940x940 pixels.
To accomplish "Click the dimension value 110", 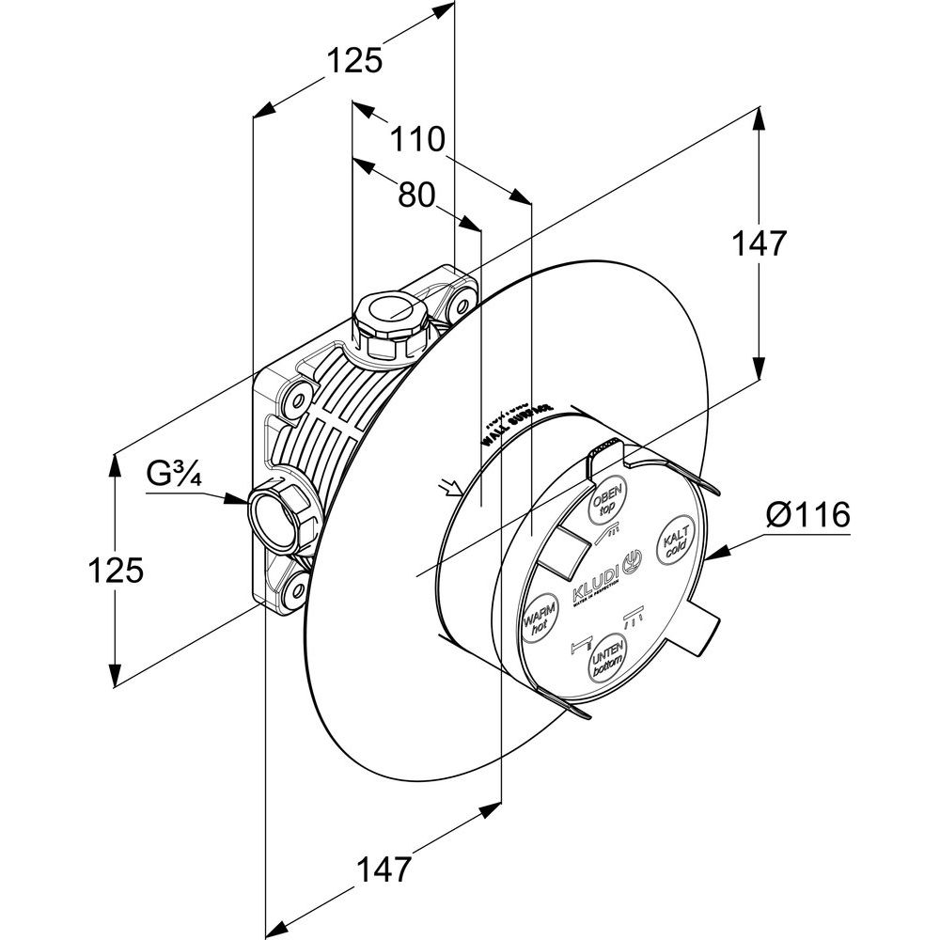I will click(418, 141).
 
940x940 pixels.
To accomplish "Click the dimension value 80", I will click(416, 195).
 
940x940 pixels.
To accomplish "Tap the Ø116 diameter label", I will click(808, 515).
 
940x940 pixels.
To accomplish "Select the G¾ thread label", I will click(174, 475).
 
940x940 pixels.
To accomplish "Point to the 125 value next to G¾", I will click(116, 570).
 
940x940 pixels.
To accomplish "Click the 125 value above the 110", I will click(355, 61).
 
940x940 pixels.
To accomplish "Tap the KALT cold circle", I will click(674, 541).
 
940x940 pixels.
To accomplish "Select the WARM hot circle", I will click(539, 621).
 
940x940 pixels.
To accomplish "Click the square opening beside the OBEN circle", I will click(564, 552).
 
